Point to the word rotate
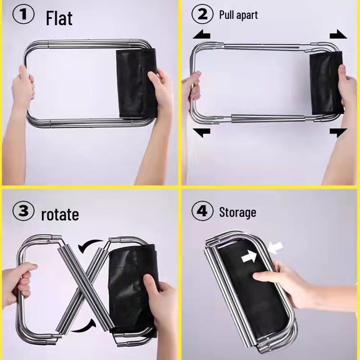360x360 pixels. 60,214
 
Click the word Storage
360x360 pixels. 237,212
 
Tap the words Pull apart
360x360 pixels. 238,15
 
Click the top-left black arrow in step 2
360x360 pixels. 202,35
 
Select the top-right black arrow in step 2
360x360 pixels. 338,35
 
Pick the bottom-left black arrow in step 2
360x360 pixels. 202,132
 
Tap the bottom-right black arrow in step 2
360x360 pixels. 338,132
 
